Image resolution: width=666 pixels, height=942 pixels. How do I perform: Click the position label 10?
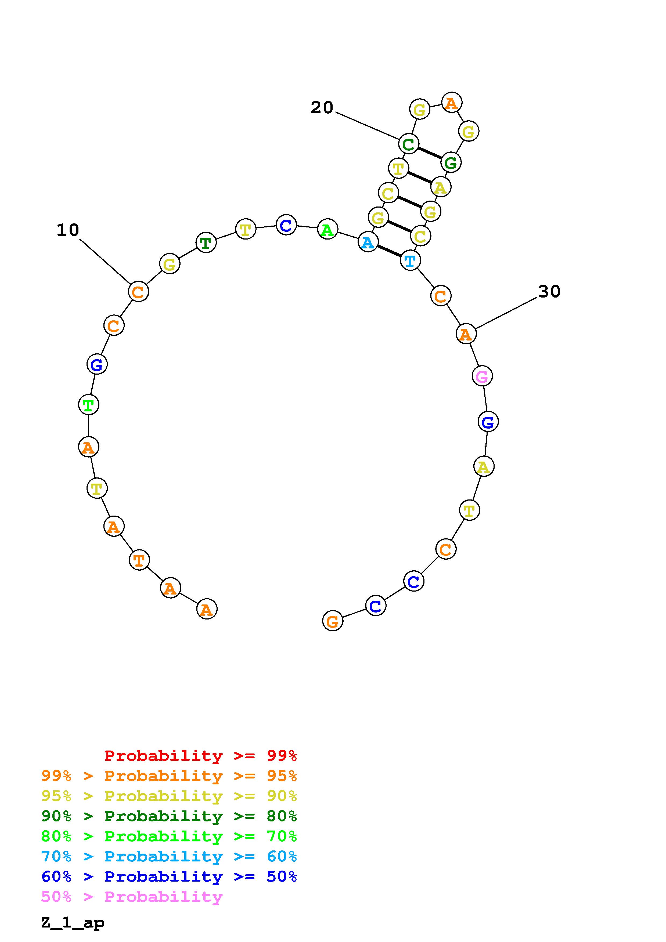click(68, 230)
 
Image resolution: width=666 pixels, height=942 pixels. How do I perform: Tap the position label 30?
click(549, 292)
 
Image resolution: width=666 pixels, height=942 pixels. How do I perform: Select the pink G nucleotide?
click(482, 376)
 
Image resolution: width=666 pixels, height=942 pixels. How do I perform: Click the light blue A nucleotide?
click(368, 242)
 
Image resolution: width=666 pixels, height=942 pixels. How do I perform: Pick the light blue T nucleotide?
click(410, 260)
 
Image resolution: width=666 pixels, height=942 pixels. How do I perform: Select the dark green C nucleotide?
click(408, 144)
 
